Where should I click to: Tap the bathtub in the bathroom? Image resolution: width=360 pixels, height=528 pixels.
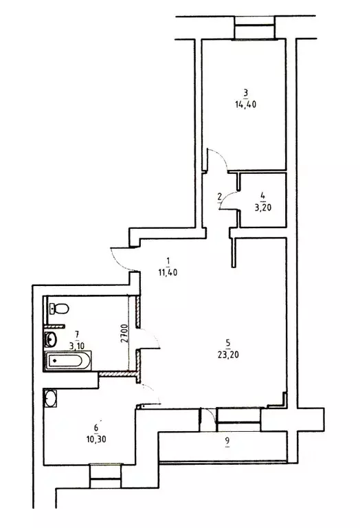(x=68, y=360)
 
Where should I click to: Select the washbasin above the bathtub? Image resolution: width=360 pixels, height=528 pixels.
(x=50, y=338)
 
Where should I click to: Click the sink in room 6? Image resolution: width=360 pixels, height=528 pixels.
(x=50, y=397)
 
